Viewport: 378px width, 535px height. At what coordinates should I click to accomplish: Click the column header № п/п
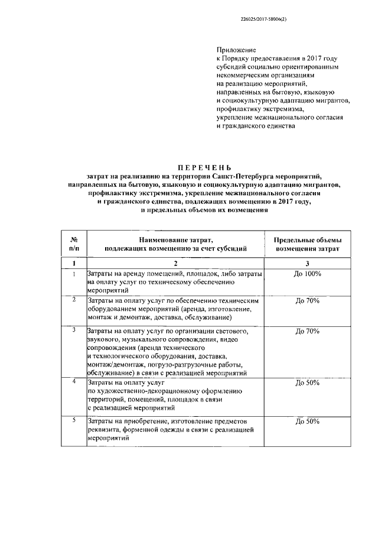click(74, 245)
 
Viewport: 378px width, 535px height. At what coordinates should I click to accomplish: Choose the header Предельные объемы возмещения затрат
click(307, 245)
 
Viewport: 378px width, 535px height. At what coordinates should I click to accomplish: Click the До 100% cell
click(307, 274)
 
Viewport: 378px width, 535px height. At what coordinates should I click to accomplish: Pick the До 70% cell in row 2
click(307, 301)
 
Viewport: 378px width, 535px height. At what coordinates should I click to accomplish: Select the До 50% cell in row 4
click(307, 382)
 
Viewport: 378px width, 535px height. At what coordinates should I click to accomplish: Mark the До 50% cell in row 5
click(307, 421)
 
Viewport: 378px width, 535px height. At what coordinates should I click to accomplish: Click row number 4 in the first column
click(74, 382)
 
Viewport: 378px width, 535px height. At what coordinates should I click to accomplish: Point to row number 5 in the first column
click(74, 420)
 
